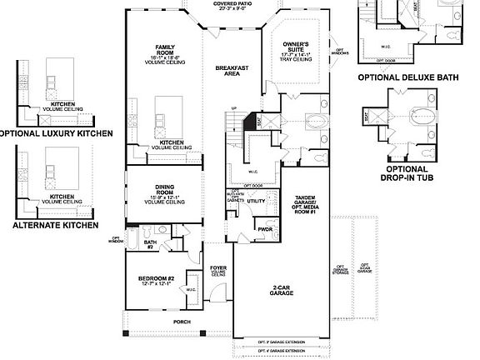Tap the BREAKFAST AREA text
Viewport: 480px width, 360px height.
[x=227, y=71]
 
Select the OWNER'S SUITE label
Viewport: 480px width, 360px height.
[x=296, y=47]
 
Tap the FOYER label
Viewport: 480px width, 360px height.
[x=218, y=270]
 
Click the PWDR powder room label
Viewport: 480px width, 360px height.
[x=266, y=228]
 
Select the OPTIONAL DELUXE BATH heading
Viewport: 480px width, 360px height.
[x=408, y=77]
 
